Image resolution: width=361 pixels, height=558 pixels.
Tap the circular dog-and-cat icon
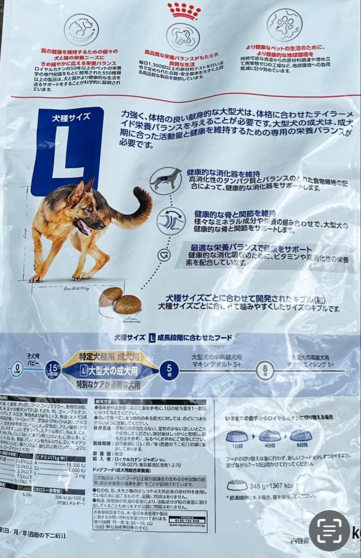pos(79,29)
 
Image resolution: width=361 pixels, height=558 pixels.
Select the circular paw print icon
pos(285,25)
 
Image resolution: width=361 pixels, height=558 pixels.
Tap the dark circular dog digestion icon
pos(166,180)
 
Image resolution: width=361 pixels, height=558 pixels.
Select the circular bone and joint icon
pos(171,221)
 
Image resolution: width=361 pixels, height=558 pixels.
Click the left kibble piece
pos(111,296)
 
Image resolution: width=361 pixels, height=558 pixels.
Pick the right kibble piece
pos(128,304)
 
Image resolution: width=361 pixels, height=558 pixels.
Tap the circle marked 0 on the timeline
pos(17,370)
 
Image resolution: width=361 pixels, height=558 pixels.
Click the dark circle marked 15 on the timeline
pos(53,370)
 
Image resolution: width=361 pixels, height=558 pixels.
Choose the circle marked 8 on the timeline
pos(265,370)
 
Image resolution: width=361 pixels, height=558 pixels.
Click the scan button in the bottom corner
pos(329,530)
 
